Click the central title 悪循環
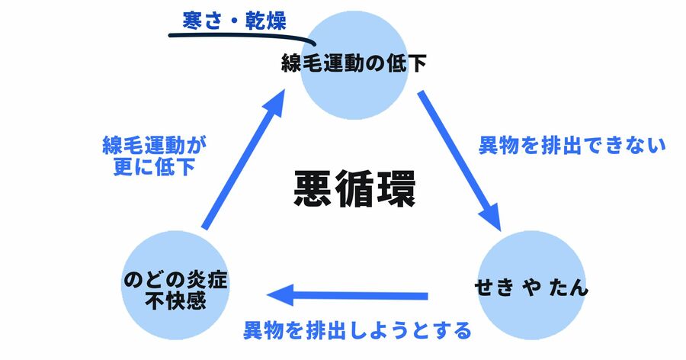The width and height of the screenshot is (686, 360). [x=354, y=189]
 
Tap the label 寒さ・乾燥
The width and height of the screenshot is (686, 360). [x=234, y=21]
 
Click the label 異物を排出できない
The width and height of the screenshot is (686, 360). [x=572, y=144]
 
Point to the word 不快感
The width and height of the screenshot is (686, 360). [x=175, y=300]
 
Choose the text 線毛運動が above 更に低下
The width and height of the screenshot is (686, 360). [x=155, y=143]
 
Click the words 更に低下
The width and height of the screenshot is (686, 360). [x=155, y=166]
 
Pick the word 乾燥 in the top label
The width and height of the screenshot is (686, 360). [x=263, y=21]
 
